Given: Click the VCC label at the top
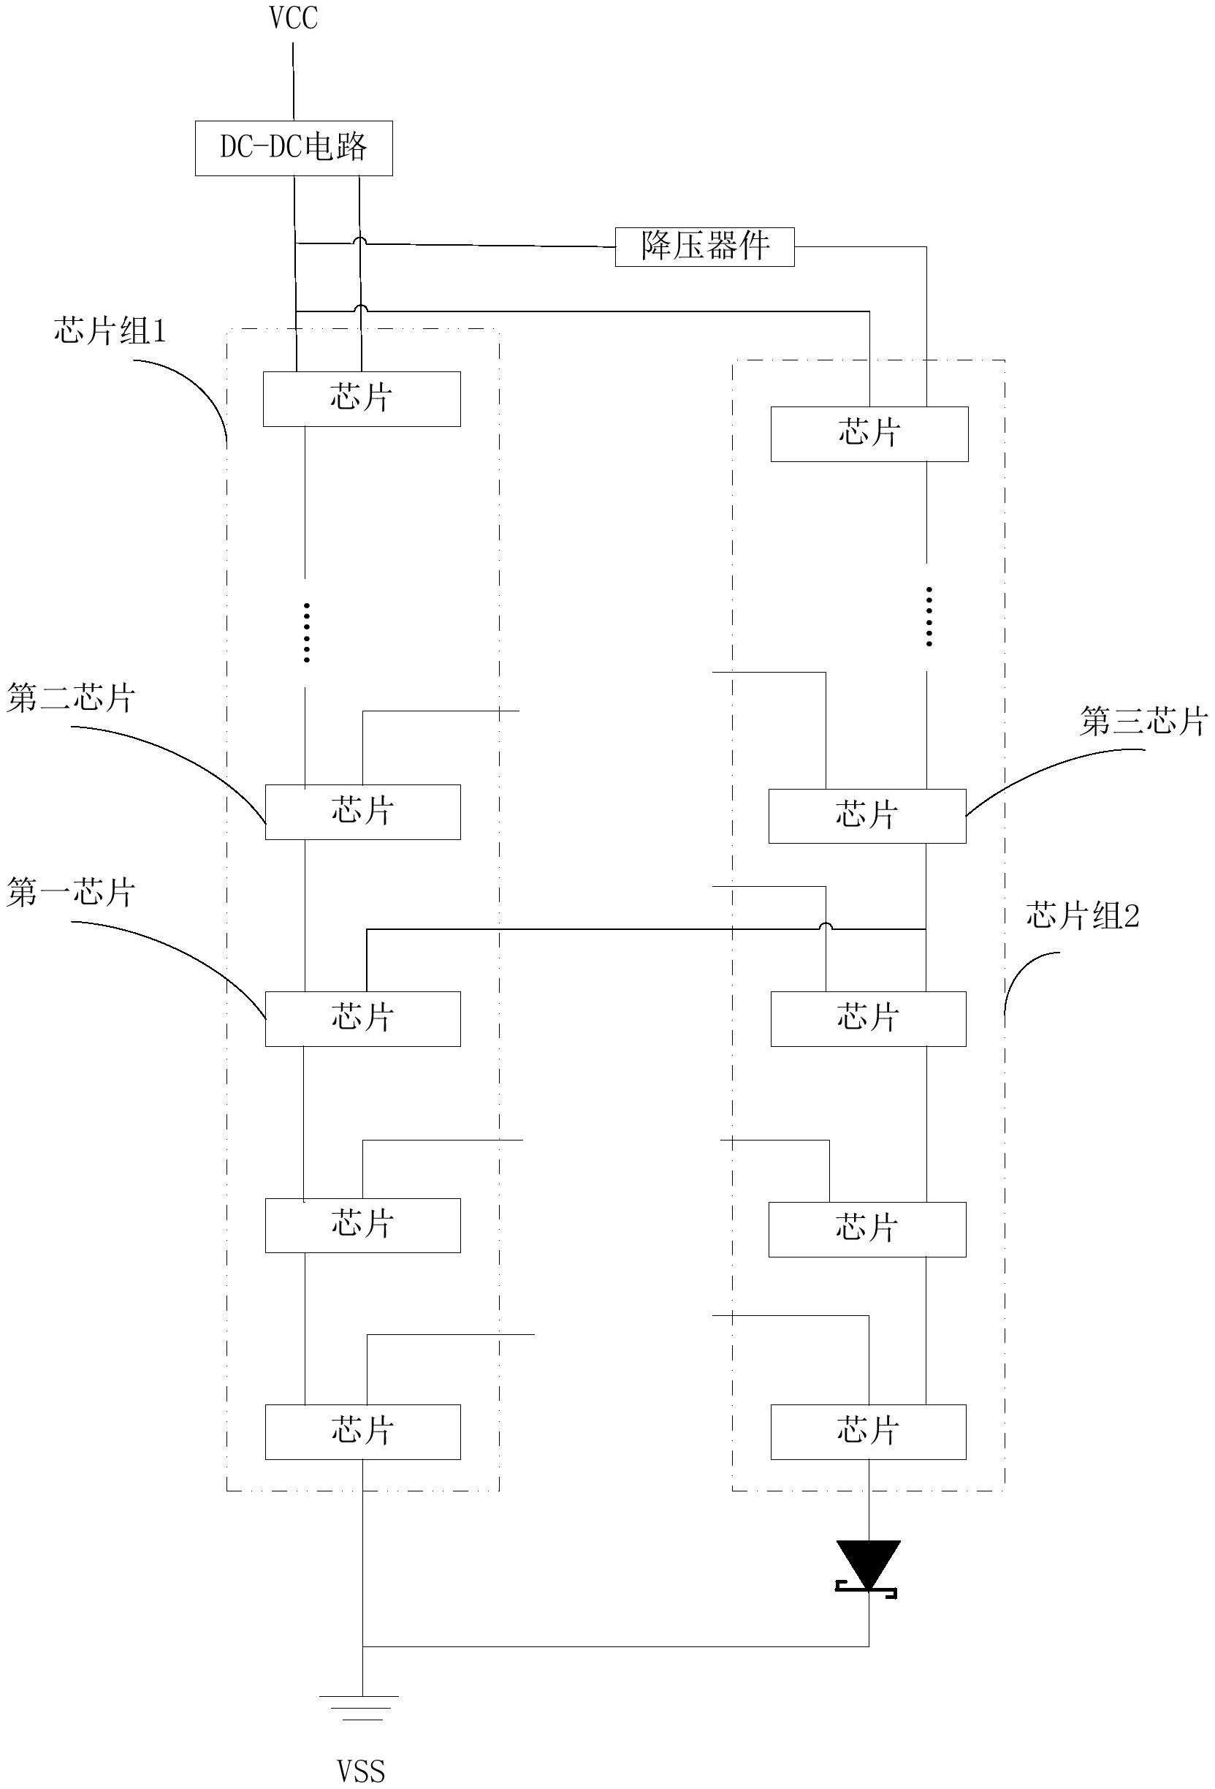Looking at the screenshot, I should point(293,18).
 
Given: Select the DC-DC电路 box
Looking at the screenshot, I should point(293,148).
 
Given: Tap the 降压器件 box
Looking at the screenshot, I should point(704,246).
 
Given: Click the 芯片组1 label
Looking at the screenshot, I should point(110,331).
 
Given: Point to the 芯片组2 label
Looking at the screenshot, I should point(1082,916).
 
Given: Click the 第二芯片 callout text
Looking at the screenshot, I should point(71,698).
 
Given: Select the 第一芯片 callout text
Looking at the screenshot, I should point(71,892).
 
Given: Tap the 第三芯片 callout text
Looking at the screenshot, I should point(1143,722).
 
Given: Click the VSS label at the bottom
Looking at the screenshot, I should point(361,1771).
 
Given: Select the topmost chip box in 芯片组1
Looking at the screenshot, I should point(362,398).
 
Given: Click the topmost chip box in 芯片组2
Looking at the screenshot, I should point(869,434).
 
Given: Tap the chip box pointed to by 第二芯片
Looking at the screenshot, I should point(362,812).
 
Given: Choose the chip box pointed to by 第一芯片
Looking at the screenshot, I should point(362,1018).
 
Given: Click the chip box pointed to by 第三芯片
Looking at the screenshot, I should point(867,815).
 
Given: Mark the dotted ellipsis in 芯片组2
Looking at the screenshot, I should point(929,616).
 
